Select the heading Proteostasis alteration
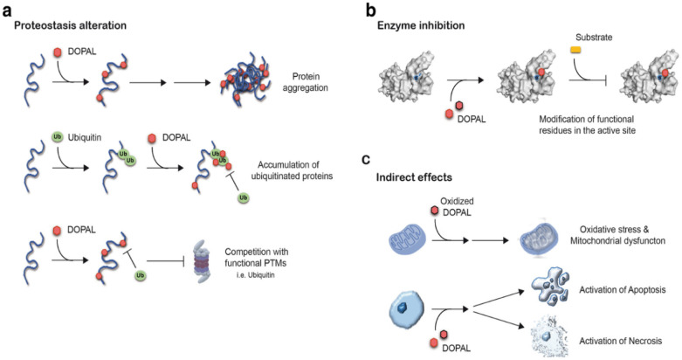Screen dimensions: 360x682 [71, 26]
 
